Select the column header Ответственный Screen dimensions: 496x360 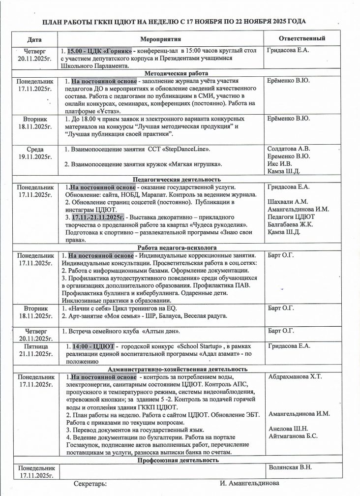[301, 38]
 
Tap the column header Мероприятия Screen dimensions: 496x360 [161, 38]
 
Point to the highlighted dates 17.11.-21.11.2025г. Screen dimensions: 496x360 [98, 217]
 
